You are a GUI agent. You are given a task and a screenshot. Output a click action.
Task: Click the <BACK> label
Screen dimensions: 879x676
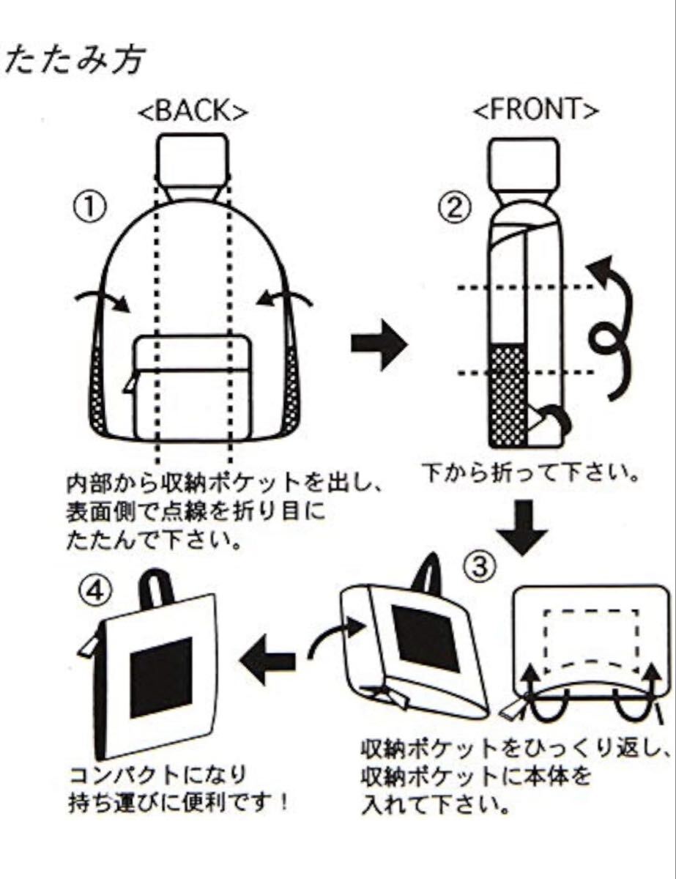tap(193, 111)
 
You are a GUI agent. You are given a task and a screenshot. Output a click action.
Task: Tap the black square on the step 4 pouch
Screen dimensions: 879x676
tap(162, 677)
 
